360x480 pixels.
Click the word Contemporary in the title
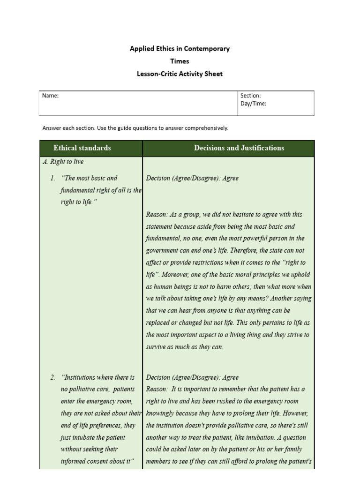tap(207, 49)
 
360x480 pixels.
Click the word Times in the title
tap(180, 61)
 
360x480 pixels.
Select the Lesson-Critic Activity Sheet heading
tap(180, 74)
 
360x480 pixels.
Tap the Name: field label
tap(50, 96)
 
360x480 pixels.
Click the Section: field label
tap(251, 96)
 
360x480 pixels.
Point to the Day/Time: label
tap(254, 104)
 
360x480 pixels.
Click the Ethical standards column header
tap(82, 148)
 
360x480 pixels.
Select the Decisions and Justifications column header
tap(239, 148)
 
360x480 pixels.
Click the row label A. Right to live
tap(63, 162)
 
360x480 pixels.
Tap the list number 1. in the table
tap(53, 178)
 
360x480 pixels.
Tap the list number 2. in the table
tap(53, 377)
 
